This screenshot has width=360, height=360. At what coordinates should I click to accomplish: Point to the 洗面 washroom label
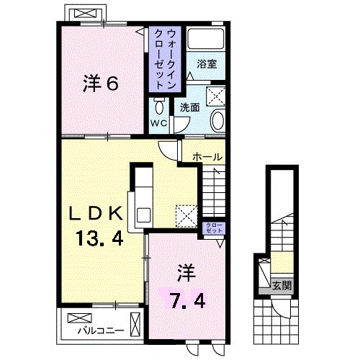point(190,107)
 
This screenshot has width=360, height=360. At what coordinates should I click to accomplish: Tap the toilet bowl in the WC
point(158,107)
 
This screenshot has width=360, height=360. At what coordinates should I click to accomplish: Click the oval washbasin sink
point(218,120)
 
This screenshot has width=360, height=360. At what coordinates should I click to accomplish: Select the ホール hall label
point(207,156)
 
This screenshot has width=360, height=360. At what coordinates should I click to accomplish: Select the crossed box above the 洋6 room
point(87,13)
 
